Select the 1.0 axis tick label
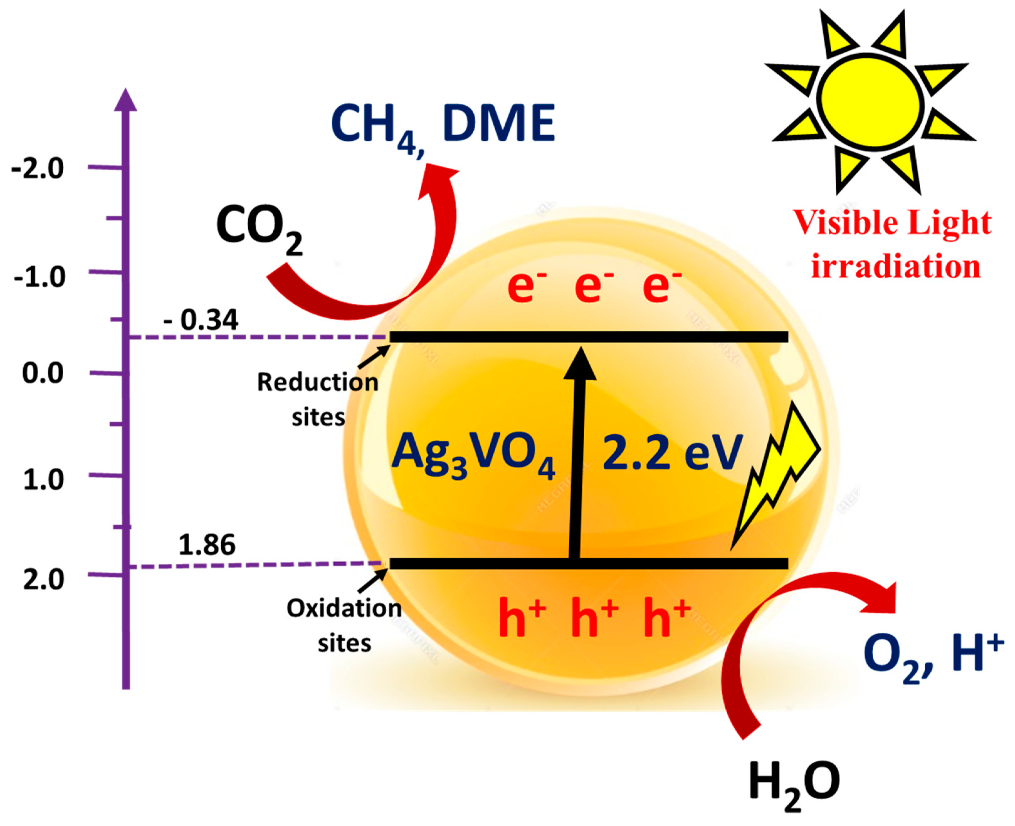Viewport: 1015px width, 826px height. [x=43, y=480]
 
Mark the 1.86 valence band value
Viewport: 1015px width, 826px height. [x=207, y=545]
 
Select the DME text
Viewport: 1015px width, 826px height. [x=499, y=123]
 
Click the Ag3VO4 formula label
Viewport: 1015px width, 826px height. [x=472, y=454]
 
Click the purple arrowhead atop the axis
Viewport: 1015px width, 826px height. [x=126, y=100]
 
